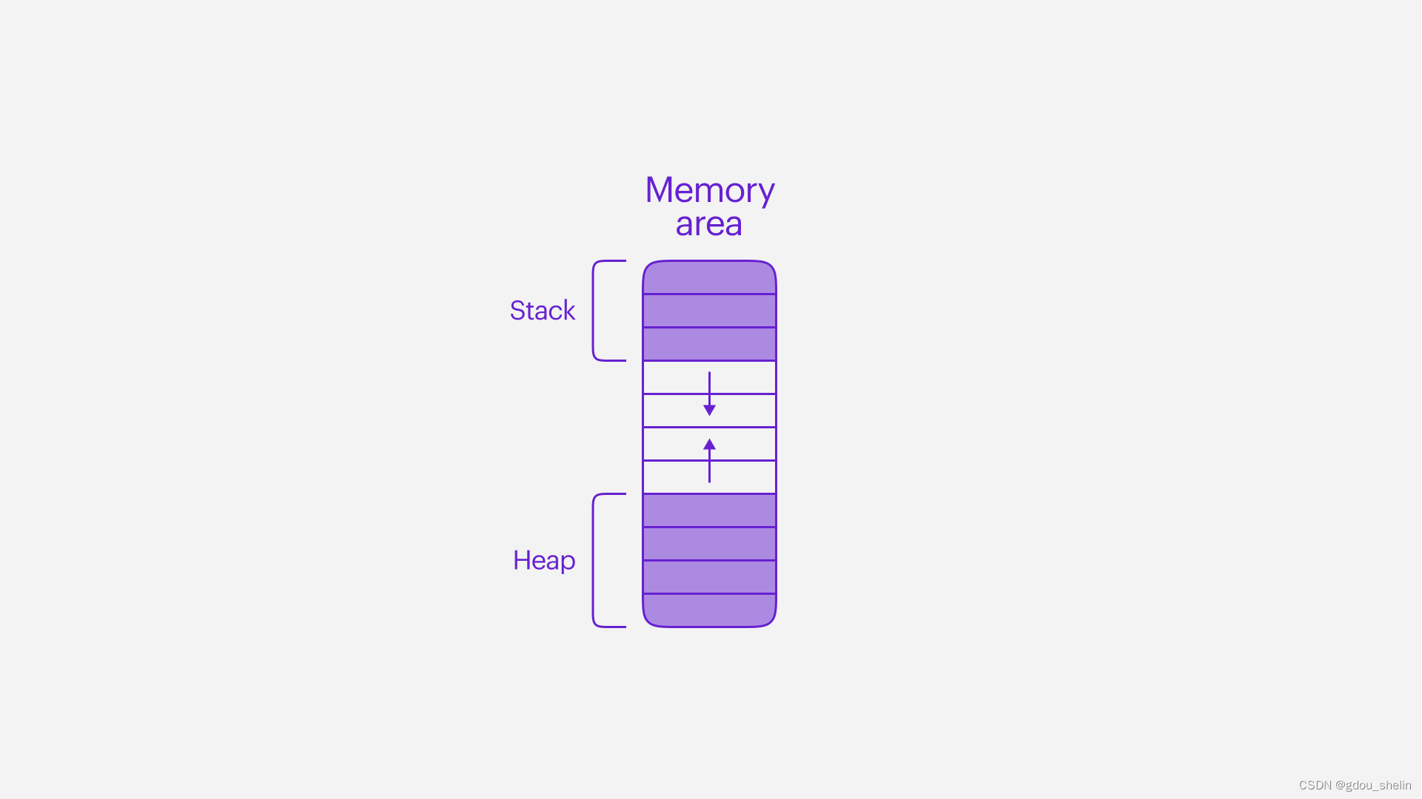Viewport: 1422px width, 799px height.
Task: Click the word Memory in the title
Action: tap(709, 191)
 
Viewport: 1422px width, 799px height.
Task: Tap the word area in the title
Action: tap(708, 224)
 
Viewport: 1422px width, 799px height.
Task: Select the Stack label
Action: tap(542, 311)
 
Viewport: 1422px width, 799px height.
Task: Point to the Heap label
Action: tap(543, 561)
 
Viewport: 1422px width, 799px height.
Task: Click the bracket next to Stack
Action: tap(594, 311)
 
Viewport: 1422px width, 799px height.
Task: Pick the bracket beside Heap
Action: tap(594, 560)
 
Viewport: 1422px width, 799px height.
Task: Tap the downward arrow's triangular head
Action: tap(709, 410)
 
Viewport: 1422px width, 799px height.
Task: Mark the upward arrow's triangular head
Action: tap(709, 444)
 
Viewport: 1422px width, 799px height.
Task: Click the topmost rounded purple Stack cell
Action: tap(709, 278)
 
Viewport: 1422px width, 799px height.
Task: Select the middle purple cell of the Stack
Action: tap(709, 311)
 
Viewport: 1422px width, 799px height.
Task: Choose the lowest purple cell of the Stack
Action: tap(709, 344)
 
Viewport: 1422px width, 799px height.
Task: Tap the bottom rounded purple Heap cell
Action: tap(709, 610)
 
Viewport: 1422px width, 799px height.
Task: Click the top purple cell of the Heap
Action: tap(709, 510)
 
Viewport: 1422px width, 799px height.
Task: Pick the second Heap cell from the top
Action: tap(709, 544)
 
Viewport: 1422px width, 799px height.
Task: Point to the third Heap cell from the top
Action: tap(709, 577)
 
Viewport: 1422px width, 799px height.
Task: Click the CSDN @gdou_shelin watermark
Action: tap(1355, 785)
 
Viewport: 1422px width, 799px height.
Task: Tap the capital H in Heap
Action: tap(521, 560)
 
